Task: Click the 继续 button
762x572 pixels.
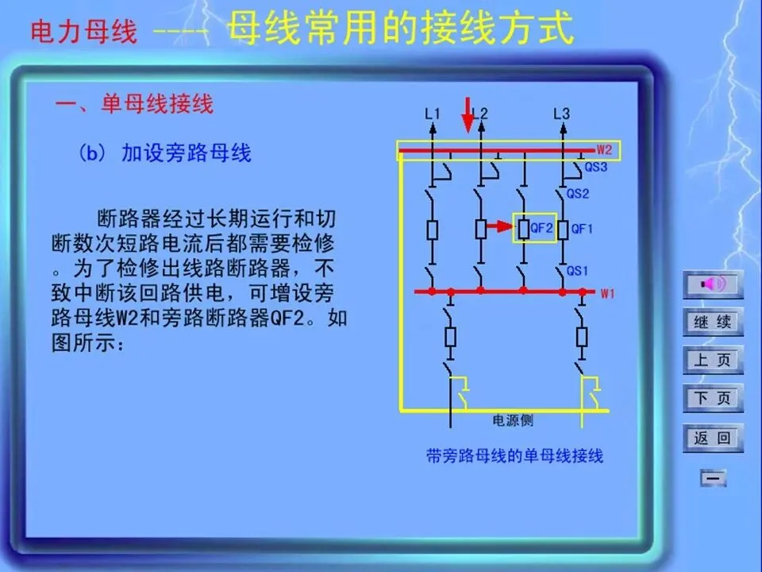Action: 713,323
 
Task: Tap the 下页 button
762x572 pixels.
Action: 713,398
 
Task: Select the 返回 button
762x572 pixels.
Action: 713,437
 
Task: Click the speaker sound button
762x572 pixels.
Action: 713,284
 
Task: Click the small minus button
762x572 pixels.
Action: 713,478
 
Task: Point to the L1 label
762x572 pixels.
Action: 433,114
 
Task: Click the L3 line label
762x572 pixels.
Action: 561,114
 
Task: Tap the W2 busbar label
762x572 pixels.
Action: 605,149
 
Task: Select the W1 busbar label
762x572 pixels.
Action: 607,294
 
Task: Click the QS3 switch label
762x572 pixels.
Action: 596,168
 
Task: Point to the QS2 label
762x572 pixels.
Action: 578,193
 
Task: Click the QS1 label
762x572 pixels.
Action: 578,271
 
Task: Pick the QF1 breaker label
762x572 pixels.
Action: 582,229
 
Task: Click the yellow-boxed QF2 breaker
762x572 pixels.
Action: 534,229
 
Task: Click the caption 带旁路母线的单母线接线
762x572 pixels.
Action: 514,456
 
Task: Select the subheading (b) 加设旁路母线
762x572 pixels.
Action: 165,153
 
